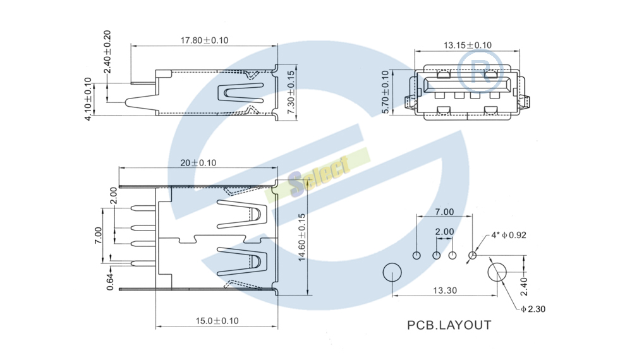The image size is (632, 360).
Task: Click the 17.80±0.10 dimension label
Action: pos(204,40)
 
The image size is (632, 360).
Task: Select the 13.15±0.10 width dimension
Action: pos(468,45)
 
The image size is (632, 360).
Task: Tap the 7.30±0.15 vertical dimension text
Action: pos(291,92)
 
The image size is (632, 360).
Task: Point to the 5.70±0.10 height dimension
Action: pos(386,92)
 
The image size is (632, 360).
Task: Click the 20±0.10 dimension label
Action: pos(198,163)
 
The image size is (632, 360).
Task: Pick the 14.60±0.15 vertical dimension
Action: pos(302,237)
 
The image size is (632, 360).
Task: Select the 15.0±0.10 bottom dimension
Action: pos(217,321)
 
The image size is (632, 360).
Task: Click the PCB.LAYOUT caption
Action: pos(449,325)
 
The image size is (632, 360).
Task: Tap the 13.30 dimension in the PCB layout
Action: pos(445,291)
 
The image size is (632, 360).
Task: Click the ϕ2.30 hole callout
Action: pos(533,309)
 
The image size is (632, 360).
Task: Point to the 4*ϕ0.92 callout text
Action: pos(509,235)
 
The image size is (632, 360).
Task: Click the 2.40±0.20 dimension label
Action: pos(107,52)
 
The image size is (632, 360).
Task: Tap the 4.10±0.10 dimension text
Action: pos(88,99)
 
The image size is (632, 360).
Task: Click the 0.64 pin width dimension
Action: pos(110,282)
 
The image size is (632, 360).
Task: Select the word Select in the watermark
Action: pos(319,175)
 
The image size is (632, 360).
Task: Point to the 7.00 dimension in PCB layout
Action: pos(444,212)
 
